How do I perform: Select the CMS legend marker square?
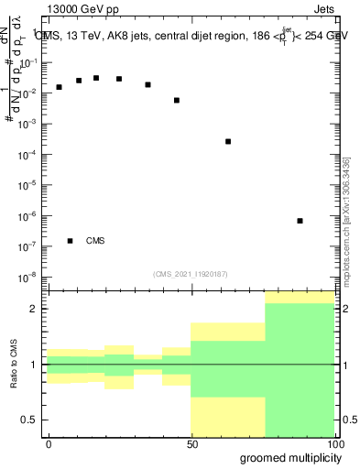(x=70, y=241)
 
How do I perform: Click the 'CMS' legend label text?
(x=95, y=241)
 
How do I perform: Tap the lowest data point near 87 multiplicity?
(x=300, y=221)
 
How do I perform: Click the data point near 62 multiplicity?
(x=228, y=141)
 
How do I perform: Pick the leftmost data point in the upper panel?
(x=59, y=87)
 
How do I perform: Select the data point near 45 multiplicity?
(x=177, y=100)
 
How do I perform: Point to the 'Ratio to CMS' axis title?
(x=14, y=364)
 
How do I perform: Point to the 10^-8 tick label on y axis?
(x=29, y=277)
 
